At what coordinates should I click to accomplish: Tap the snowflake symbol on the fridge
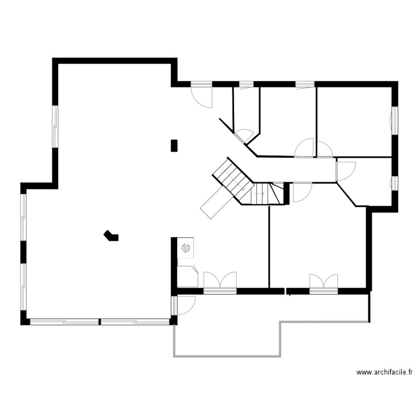186,247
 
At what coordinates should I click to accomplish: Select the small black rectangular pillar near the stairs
174,145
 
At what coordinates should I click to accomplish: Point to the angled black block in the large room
111,236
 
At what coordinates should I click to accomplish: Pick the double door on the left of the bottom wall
220,281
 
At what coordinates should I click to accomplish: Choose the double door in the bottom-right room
324,283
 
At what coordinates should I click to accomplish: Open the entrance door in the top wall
202,95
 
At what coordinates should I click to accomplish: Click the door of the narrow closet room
244,135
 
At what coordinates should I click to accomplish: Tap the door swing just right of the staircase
301,191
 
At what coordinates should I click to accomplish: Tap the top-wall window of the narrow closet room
246,85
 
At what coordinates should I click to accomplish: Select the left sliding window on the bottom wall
64,322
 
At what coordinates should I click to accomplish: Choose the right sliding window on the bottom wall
135,322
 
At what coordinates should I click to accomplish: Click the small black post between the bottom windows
100,322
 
